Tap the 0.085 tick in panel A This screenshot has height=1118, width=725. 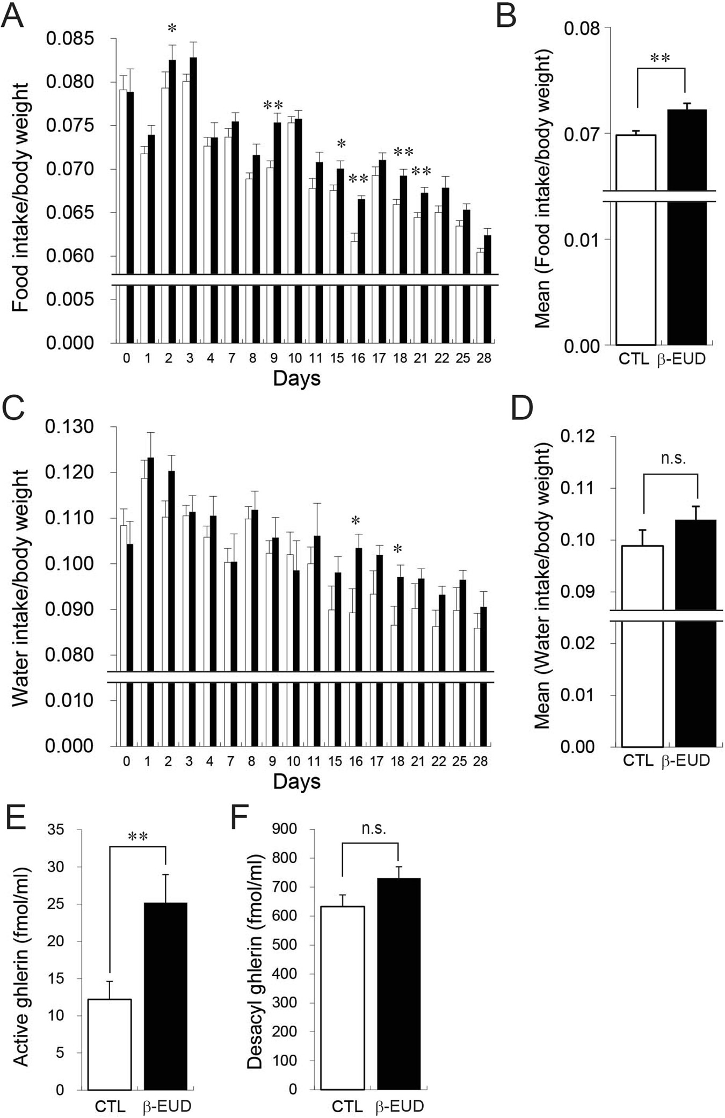[x=70, y=39]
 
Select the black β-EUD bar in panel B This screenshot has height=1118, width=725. [x=687, y=226]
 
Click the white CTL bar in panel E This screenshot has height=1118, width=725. [x=110, y=1044]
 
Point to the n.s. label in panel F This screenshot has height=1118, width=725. [x=373, y=829]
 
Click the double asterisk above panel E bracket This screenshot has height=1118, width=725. [x=138, y=837]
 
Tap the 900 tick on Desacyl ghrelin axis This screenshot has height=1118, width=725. [x=285, y=829]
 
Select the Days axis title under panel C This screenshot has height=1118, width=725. [x=296, y=781]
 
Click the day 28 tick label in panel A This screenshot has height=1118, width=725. [x=483, y=358]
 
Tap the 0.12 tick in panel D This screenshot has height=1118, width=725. [x=578, y=436]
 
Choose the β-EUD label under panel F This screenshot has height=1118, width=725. [x=399, y=1107]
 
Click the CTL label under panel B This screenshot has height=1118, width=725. [x=634, y=359]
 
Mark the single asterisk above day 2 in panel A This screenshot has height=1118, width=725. [x=172, y=29]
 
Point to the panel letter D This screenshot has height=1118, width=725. [x=521, y=408]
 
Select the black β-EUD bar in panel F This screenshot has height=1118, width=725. [x=398, y=983]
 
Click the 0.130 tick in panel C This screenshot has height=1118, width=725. [x=69, y=427]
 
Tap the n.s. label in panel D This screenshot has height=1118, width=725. [x=673, y=458]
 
